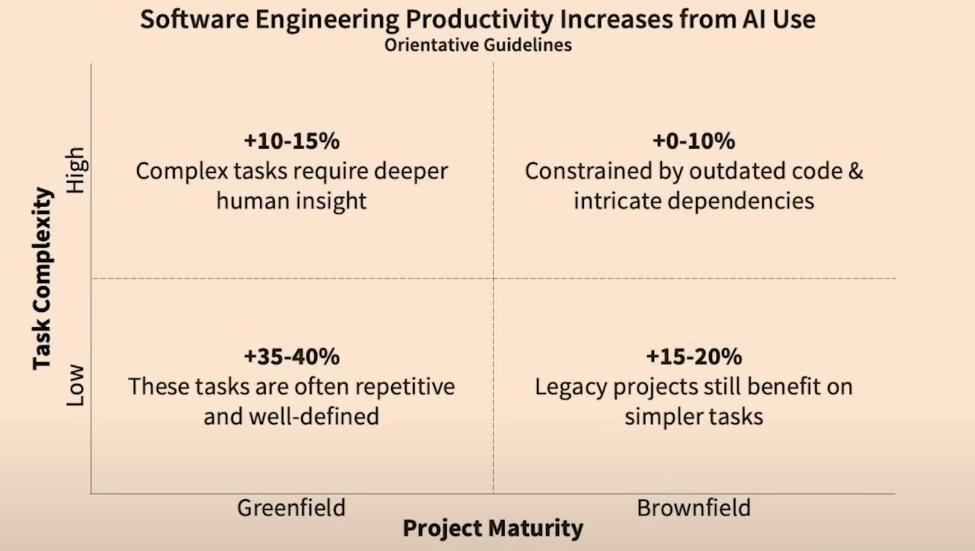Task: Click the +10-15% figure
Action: (x=291, y=141)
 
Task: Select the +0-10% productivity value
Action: (x=693, y=141)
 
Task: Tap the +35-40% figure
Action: (x=291, y=357)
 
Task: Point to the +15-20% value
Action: (x=693, y=357)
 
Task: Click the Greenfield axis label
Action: (x=291, y=508)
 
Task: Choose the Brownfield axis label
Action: (x=693, y=508)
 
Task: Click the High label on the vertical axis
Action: (x=76, y=170)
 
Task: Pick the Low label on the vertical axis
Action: (x=76, y=385)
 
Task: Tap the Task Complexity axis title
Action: (x=43, y=278)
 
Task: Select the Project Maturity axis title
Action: (x=492, y=528)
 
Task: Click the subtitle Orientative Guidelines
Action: (x=478, y=45)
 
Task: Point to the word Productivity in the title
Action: (x=478, y=19)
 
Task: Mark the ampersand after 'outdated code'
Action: (x=856, y=171)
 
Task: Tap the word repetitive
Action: (x=405, y=387)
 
